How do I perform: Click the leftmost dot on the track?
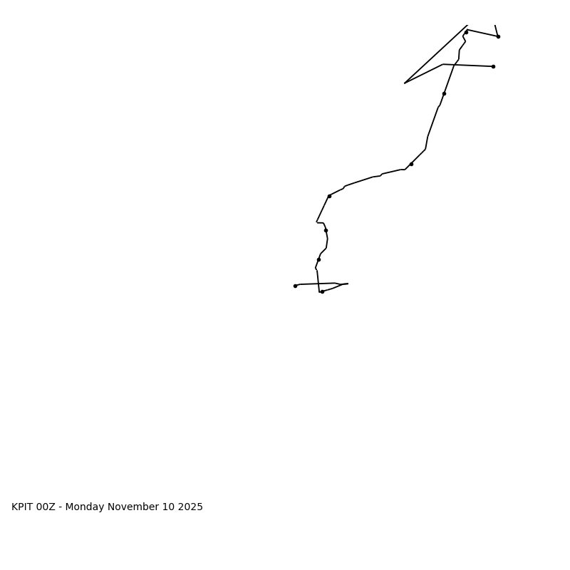pos(295,286)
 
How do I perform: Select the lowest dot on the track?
pos(322,291)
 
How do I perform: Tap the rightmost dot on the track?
pos(498,36)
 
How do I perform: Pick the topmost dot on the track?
pos(467,32)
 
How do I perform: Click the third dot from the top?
pos(493,66)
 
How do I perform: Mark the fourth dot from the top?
pos(444,93)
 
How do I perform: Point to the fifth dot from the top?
pos(411,164)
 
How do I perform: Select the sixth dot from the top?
pos(329,196)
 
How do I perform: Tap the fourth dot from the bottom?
pos(326,230)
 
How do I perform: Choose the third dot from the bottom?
pos(318,259)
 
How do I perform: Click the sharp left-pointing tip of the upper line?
pos(405,83)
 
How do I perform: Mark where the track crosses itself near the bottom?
pos(318,284)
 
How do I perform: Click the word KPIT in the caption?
pos(22,507)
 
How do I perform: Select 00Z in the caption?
pos(46,507)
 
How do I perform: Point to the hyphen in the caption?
pos(61,507)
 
